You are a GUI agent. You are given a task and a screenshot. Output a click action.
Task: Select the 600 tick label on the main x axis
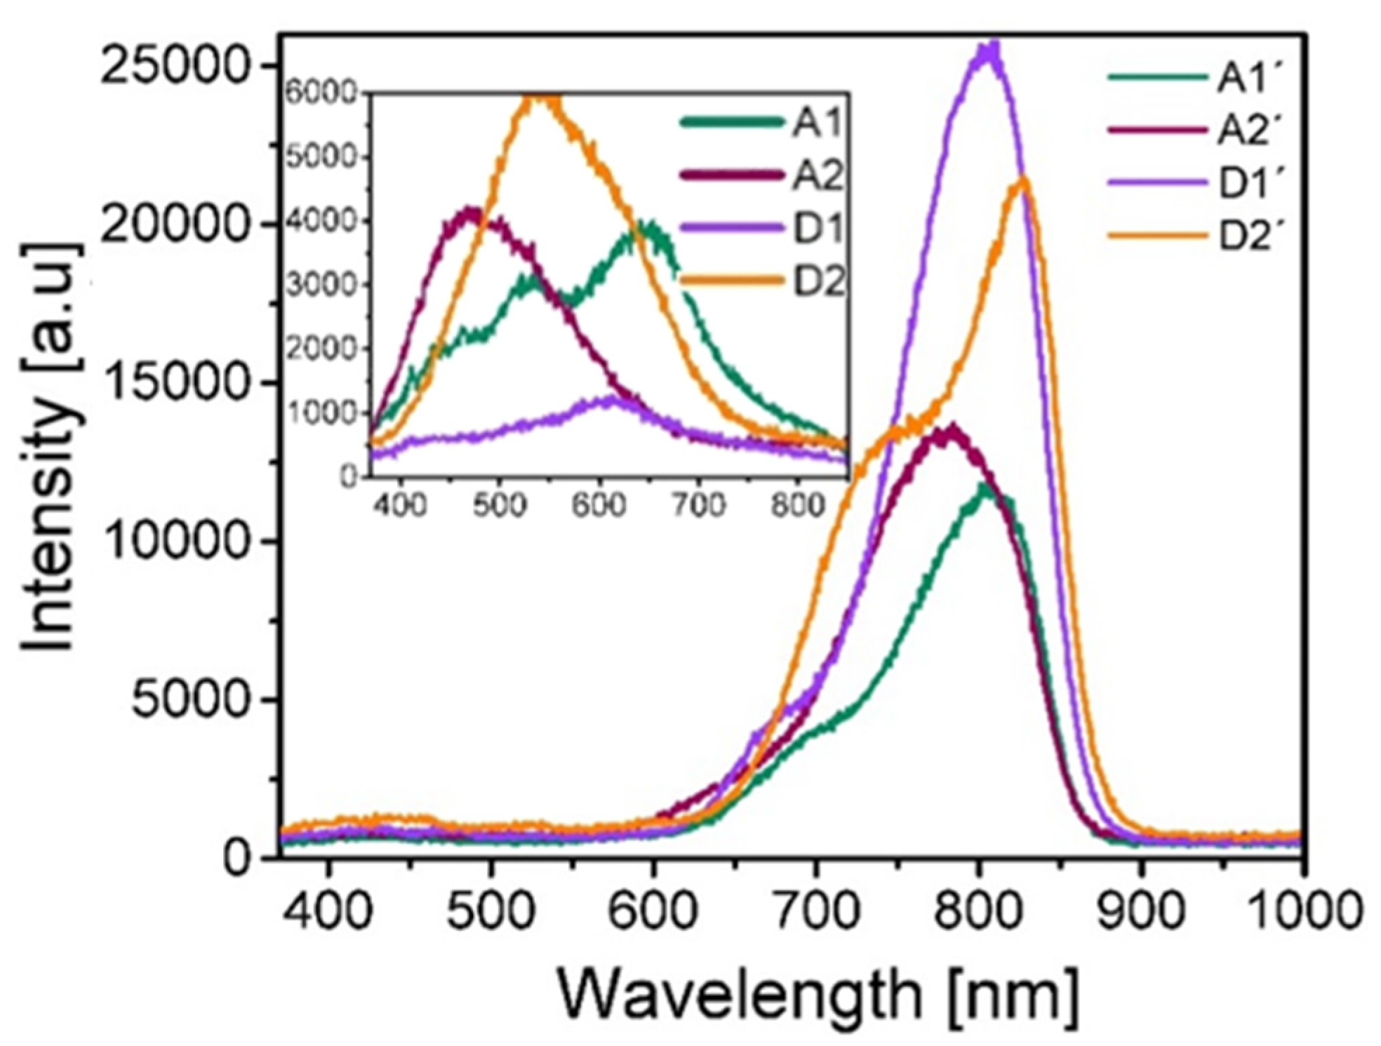(653, 913)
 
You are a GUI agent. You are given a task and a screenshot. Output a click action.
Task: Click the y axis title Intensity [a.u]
(53, 449)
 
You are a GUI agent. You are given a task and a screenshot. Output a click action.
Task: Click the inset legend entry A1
(817, 125)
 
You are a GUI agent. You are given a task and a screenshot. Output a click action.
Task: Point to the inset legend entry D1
(818, 229)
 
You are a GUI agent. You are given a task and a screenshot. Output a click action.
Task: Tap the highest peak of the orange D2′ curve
(1023, 180)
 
